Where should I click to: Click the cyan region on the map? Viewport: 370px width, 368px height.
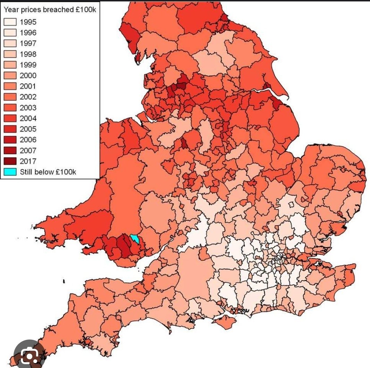point(135,239)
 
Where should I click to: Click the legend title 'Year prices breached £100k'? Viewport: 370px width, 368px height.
point(50,9)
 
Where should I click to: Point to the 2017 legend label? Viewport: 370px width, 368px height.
point(28,161)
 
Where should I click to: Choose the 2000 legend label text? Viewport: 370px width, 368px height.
point(28,76)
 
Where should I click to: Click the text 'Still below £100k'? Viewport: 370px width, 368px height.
point(48,172)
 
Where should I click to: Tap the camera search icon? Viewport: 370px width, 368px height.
point(30,356)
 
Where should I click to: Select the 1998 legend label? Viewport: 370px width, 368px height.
point(28,54)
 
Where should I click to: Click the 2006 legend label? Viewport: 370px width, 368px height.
point(28,140)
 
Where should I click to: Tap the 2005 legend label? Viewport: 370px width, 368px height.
point(28,129)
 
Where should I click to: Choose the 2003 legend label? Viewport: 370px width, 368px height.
point(28,108)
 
